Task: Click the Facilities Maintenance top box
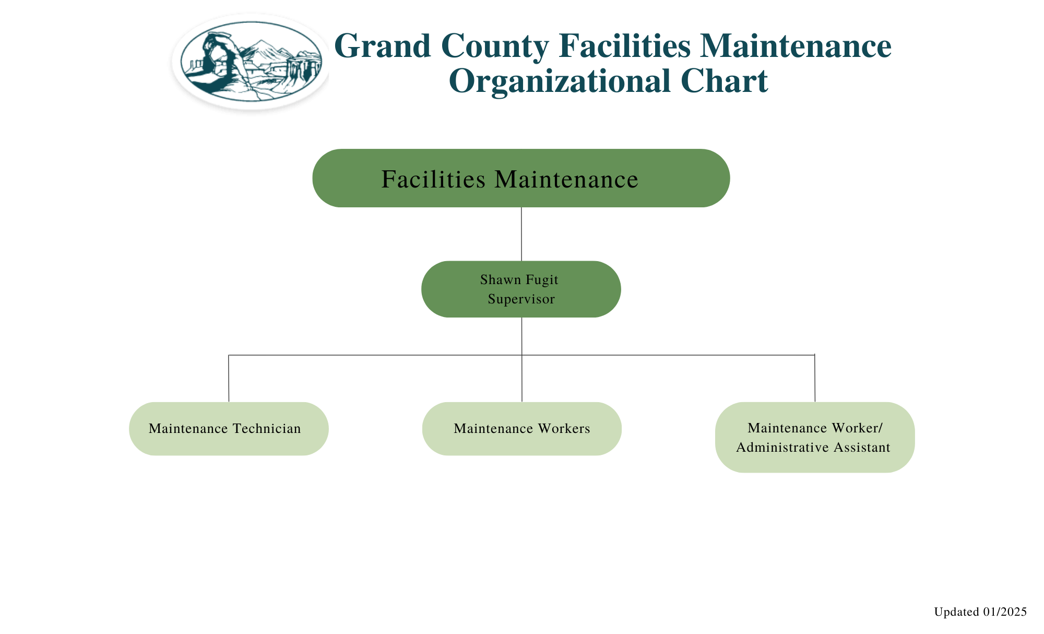[521, 178]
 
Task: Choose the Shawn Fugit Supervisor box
[521, 289]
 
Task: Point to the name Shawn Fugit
[519, 280]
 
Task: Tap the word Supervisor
[521, 299]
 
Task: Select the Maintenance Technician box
[229, 429]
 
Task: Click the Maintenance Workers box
[522, 429]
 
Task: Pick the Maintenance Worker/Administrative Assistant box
[814, 437]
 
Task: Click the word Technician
[267, 429]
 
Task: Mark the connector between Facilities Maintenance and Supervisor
[521, 234]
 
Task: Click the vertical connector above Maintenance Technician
[229, 379]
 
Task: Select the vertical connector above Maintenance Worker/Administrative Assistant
[815, 379]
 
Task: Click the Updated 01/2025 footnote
[980, 612]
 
